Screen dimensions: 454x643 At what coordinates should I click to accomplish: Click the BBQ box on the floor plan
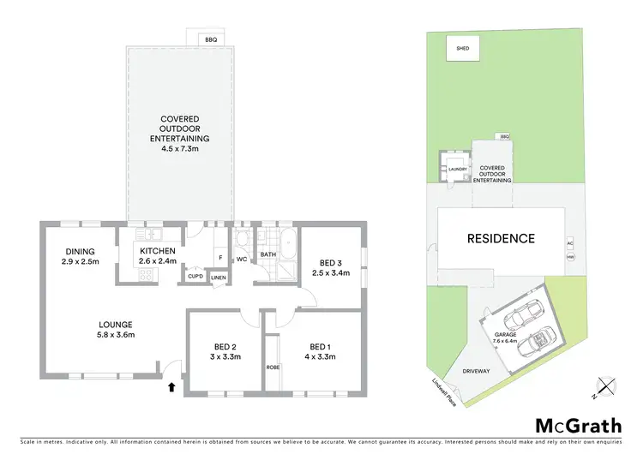pos(209,39)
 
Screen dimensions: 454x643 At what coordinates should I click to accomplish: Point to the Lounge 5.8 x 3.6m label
pos(115,330)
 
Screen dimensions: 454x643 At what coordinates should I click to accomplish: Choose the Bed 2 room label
pos(223,351)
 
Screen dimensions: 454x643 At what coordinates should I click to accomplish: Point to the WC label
pos(242,258)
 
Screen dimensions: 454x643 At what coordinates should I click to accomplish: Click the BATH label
pos(268,254)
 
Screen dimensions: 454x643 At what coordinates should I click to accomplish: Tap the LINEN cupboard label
pos(219,277)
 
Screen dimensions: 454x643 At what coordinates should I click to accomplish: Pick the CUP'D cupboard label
pos(195,277)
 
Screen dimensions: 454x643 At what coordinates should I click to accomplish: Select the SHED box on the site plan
pos(462,50)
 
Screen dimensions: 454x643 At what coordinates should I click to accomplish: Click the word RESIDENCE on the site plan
pos(502,238)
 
